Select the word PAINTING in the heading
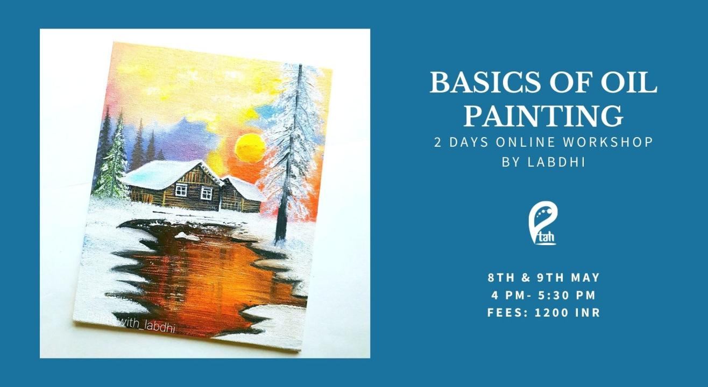543,116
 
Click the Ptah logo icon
543,223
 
